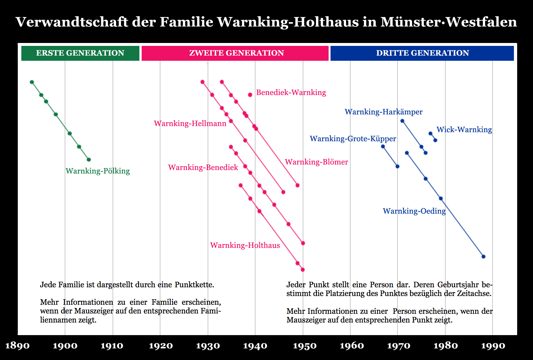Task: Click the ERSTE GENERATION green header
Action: tap(80, 53)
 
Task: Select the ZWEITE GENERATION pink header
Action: tap(236, 53)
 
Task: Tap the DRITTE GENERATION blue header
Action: tap(422, 53)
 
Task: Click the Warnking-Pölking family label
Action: tap(98, 171)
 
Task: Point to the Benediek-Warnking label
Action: tap(291, 93)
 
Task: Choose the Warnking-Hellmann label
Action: tap(190, 123)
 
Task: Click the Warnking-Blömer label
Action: tap(316, 162)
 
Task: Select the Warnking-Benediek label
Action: tap(203, 167)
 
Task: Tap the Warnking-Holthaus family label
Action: tap(245, 245)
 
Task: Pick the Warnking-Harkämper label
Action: tap(384, 112)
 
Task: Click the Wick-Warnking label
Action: tap(464, 130)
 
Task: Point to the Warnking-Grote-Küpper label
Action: tap(353, 139)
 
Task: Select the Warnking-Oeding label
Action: tap(414, 211)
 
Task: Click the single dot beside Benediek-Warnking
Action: tap(250, 95)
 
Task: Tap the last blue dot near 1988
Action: tap(484, 257)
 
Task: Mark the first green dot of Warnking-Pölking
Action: tap(32, 82)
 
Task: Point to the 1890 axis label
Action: tap(17, 346)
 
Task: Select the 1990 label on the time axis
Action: tap(493, 346)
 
